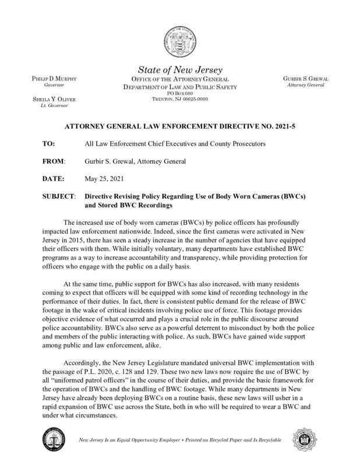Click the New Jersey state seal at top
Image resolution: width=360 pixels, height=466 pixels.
tap(179, 38)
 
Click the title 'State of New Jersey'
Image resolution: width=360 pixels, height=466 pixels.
tap(179, 69)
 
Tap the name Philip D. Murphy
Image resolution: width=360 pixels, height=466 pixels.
tap(50, 79)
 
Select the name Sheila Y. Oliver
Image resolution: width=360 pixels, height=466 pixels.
tap(51, 101)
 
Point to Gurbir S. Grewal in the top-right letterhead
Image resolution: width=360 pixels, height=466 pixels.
tap(306, 79)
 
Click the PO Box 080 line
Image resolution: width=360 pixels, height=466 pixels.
tap(179, 93)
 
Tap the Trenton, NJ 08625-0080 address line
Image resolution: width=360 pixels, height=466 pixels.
tap(179, 100)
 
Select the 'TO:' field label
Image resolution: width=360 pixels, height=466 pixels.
tap(51, 143)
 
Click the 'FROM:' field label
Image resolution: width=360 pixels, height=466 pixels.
tap(54, 160)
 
